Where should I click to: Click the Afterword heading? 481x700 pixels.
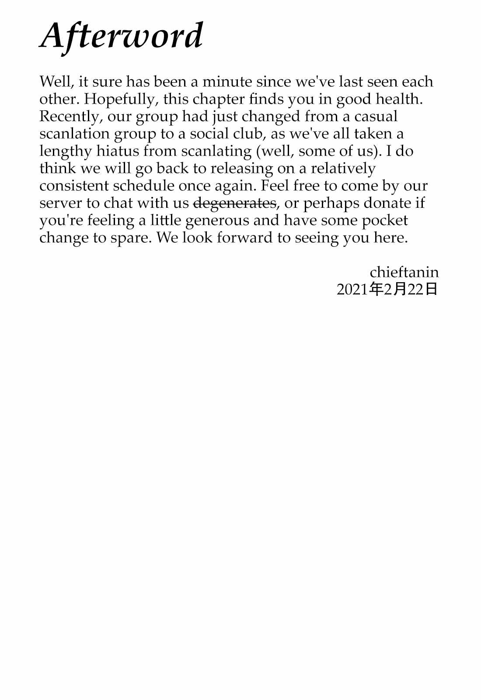pos(121,36)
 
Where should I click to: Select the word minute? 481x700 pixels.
pos(227,82)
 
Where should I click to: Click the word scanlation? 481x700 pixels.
pos(74,134)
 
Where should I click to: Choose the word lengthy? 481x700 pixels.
pos(66,151)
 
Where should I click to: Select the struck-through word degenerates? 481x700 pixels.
pos(235,203)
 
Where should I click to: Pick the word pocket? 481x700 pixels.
pos(385,220)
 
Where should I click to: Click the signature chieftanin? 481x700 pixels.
pos(404,272)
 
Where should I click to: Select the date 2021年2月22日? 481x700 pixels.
pos(387,289)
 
